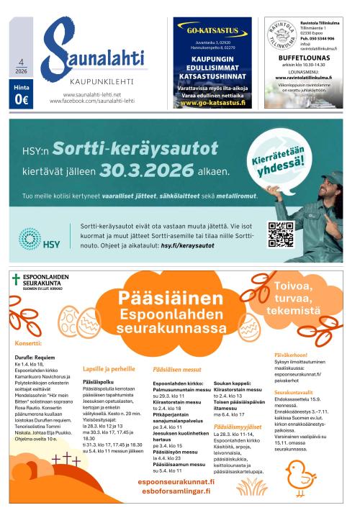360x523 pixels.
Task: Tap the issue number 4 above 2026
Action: (x=22, y=63)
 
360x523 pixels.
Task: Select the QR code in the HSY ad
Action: (x=281, y=235)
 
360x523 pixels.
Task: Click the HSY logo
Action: (x=41, y=238)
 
